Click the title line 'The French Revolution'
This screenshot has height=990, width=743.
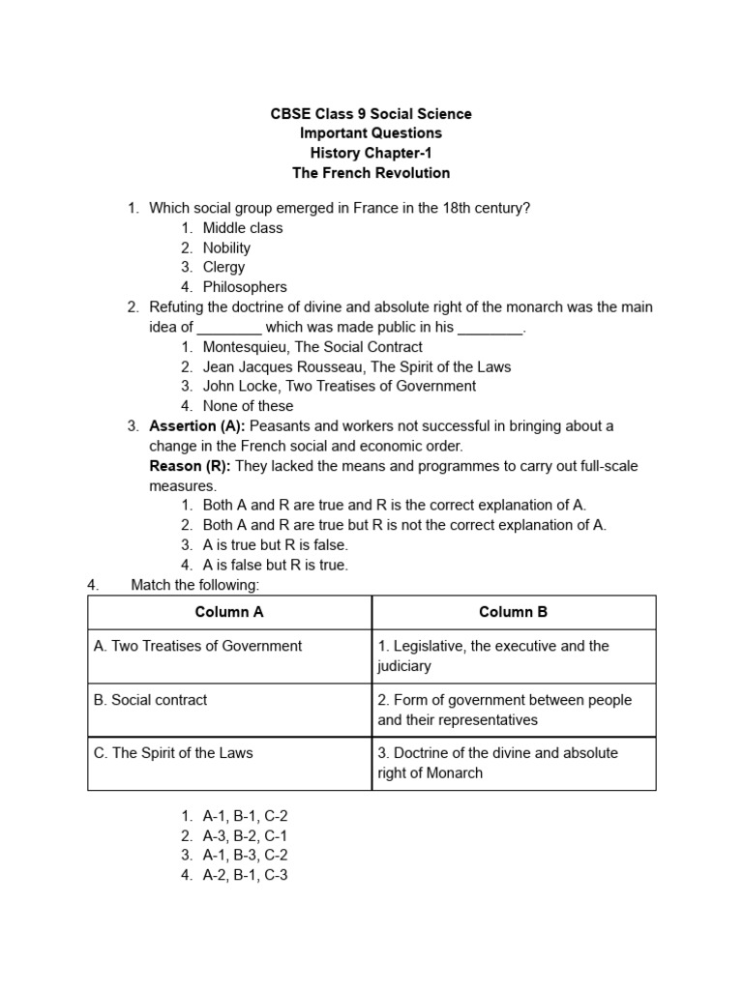click(371, 173)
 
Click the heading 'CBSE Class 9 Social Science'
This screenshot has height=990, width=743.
click(371, 114)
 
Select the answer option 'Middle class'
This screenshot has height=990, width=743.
click(243, 228)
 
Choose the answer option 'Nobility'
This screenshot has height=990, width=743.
click(226, 247)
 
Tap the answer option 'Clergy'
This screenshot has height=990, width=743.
click(223, 267)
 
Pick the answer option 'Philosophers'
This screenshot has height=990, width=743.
click(245, 287)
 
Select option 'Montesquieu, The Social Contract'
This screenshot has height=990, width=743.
click(312, 346)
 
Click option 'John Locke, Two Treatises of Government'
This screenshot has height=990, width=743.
click(339, 386)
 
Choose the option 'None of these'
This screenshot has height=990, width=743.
click(248, 406)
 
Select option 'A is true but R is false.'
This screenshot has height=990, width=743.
click(275, 545)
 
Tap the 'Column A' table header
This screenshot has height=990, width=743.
click(229, 612)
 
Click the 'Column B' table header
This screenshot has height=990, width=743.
click(514, 612)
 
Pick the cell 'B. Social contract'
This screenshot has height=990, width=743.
click(151, 700)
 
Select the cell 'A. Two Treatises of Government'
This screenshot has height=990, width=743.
click(198, 646)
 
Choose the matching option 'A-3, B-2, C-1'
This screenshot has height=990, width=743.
click(245, 836)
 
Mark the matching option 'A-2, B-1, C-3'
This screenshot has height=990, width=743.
click(245, 876)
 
